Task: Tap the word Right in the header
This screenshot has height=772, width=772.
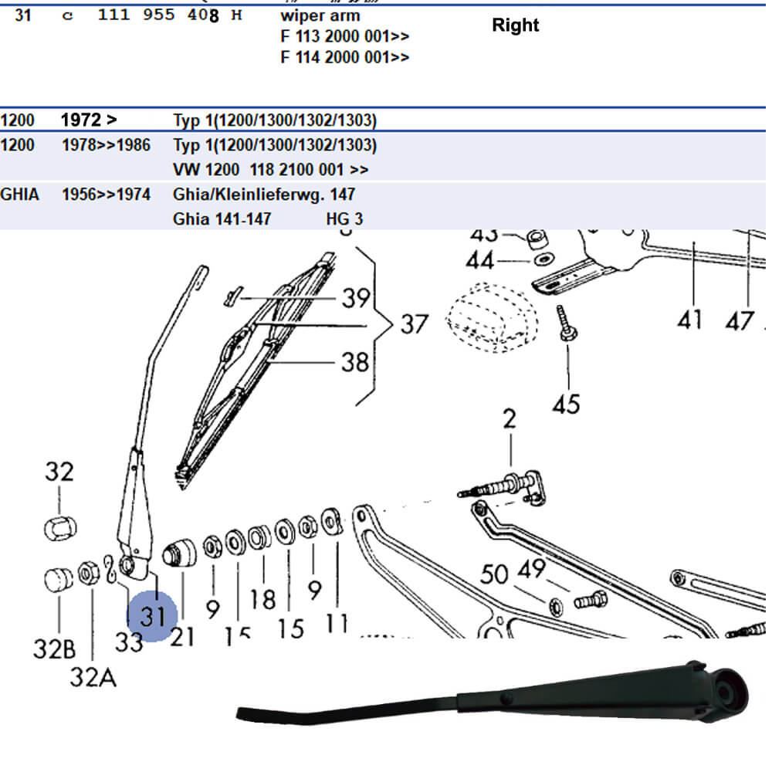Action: (x=515, y=25)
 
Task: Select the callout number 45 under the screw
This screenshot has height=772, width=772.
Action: (x=566, y=404)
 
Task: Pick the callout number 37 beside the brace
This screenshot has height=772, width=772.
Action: (x=414, y=324)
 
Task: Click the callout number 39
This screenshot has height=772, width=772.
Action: (x=356, y=297)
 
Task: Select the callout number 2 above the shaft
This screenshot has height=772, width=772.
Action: (x=510, y=420)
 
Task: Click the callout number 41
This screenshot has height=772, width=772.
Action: (x=689, y=319)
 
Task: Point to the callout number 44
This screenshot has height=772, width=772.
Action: (x=480, y=261)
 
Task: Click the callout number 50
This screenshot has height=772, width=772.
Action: (x=495, y=575)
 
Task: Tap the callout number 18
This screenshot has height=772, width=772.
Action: (x=262, y=599)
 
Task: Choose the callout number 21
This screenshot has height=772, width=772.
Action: (x=183, y=637)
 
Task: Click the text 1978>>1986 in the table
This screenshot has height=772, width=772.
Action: (x=106, y=145)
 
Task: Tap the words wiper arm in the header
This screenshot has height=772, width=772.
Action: (x=320, y=15)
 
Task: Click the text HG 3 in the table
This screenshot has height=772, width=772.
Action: (x=344, y=219)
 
